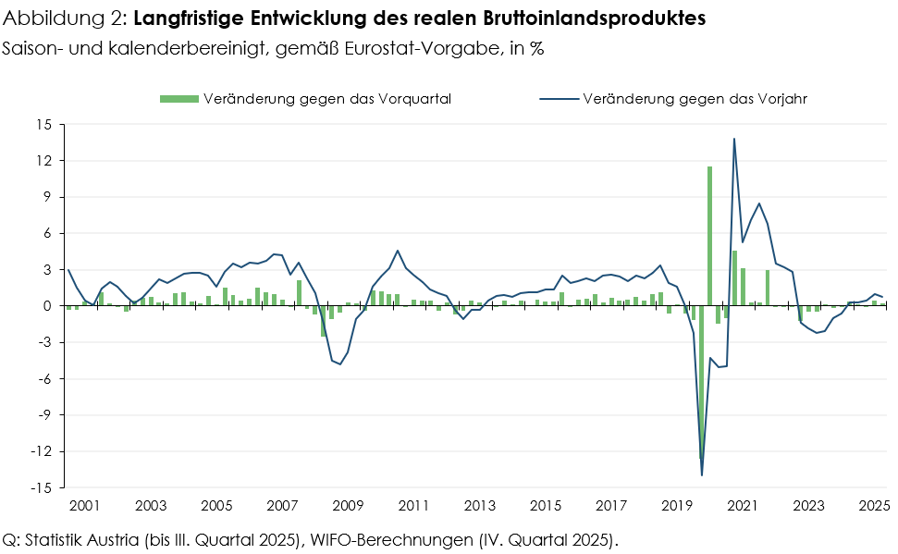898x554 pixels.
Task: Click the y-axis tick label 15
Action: click(x=43, y=124)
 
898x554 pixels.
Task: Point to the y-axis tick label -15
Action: click(x=40, y=487)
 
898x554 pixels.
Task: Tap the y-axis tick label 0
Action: click(x=46, y=306)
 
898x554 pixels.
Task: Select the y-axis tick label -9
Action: click(x=43, y=415)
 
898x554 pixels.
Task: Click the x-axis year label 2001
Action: click(x=84, y=506)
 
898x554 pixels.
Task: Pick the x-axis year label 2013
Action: click(x=479, y=506)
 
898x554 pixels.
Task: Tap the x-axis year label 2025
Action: click(x=874, y=506)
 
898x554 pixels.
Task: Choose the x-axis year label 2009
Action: click(x=348, y=506)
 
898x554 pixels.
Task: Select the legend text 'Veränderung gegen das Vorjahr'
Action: click(x=695, y=99)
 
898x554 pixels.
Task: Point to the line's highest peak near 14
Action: click(x=734, y=140)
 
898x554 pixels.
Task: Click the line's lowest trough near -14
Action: click(x=702, y=474)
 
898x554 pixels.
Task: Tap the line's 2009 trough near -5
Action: click(x=339, y=363)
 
